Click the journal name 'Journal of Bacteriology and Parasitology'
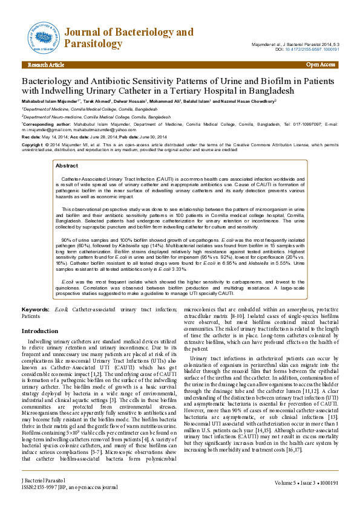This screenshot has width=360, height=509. pyautogui.click(x=128, y=37)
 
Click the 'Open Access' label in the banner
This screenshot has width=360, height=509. pyautogui.click(x=321, y=64)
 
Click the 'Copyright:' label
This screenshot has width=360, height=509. pyautogui.click(x=33, y=146)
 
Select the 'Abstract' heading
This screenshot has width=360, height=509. pyautogui.click(x=67, y=165)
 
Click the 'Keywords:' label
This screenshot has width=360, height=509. pyautogui.click(x=35, y=310)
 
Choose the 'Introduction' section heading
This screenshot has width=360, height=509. pyautogui.click(x=40, y=331)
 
